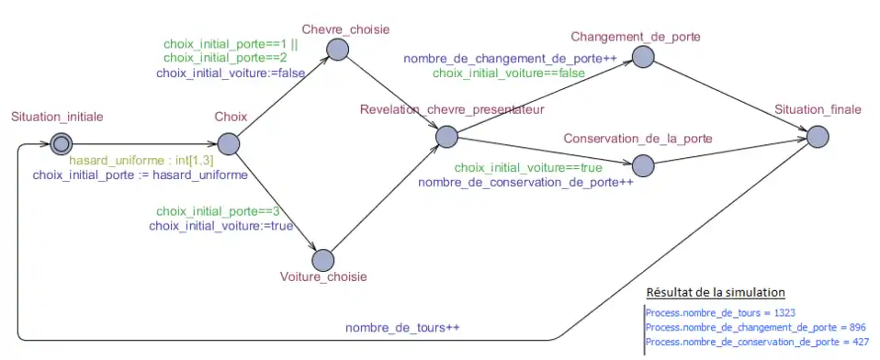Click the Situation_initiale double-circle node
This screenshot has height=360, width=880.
coord(62,143)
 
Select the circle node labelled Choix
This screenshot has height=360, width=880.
coord(229,144)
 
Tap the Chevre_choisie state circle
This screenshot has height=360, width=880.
coord(336,50)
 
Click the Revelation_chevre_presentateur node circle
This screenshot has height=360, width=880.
coord(446,137)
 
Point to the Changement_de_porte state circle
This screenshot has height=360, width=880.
coord(642,57)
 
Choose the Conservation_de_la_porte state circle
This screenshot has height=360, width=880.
coord(642,164)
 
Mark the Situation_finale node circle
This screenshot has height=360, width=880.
coord(818,137)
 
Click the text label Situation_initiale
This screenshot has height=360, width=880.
coord(57,117)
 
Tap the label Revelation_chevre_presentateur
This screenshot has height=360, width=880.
coord(453,110)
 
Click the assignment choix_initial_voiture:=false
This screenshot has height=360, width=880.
coord(223,73)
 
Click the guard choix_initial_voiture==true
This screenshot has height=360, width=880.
coord(528,168)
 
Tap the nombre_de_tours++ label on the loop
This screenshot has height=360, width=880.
coord(403,328)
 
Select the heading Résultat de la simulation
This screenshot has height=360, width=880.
coord(716,293)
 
